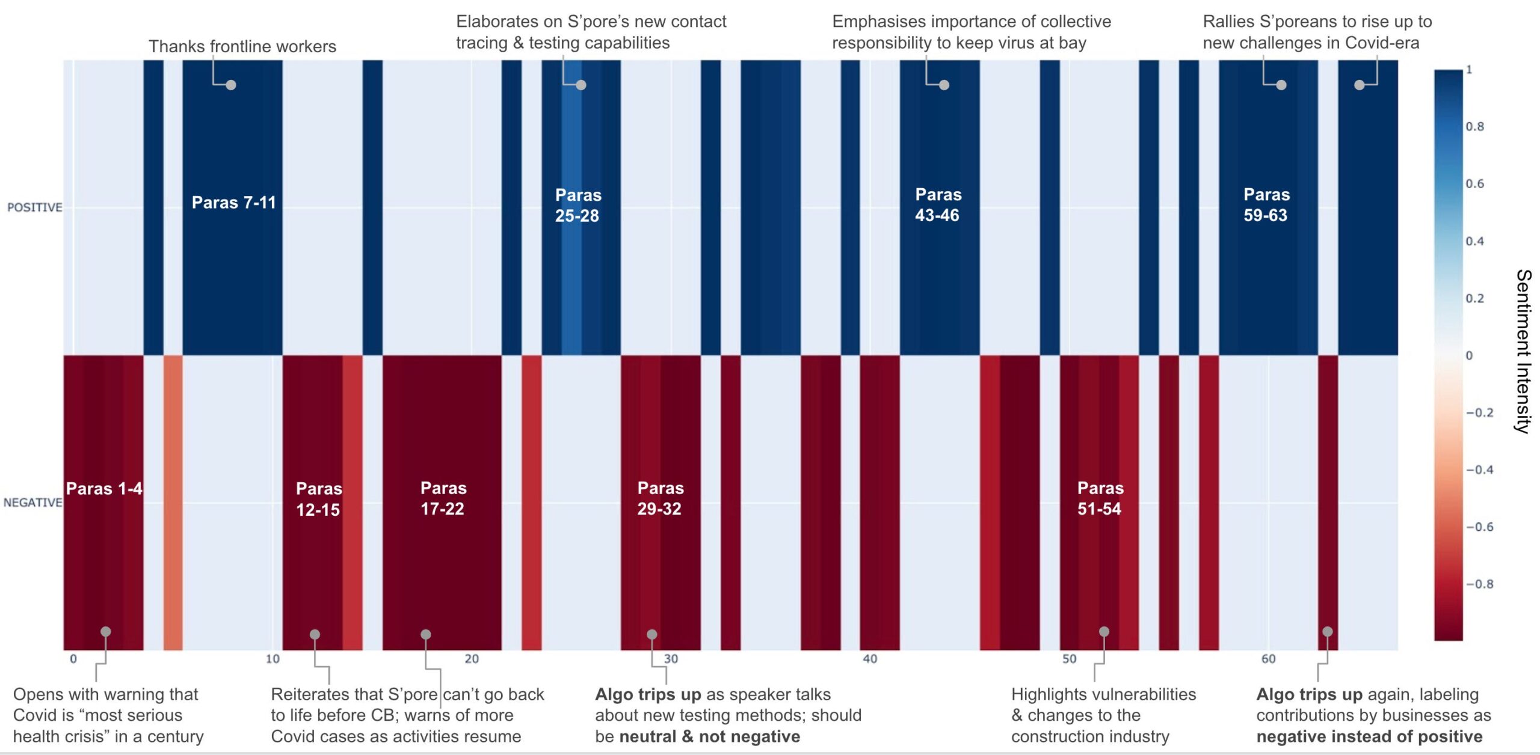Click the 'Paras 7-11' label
(x=233, y=203)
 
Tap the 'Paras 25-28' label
(x=577, y=205)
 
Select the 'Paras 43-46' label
(x=937, y=205)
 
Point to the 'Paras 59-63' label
(x=1266, y=205)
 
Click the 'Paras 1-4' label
(x=103, y=489)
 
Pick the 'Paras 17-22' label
(x=443, y=498)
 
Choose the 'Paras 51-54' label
(x=1100, y=498)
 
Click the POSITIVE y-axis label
(x=34, y=207)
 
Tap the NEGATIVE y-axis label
(x=32, y=503)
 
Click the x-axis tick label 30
(x=671, y=659)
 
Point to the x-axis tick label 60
(x=1268, y=659)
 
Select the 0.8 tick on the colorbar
(x=1474, y=126)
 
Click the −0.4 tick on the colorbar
(x=1479, y=469)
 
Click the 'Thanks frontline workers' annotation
(x=242, y=46)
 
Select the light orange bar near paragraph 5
(x=173, y=503)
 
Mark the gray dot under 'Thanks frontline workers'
(x=231, y=85)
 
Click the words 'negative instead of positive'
(x=1369, y=736)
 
